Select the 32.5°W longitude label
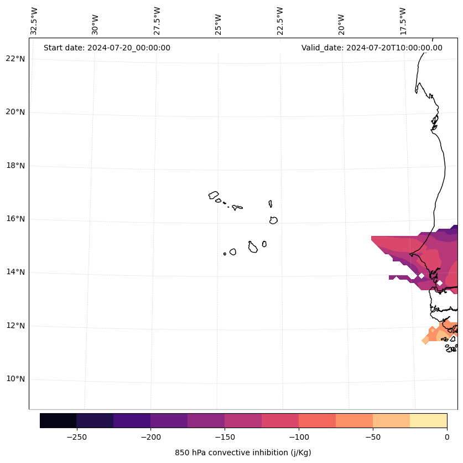click(34, 21)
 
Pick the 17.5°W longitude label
click(403, 21)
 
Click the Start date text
click(107, 48)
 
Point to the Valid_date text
click(372, 48)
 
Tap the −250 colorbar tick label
click(76, 438)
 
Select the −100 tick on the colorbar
click(299, 438)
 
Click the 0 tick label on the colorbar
click(447, 438)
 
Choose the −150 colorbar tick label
click(225, 438)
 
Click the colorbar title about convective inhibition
click(243, 452)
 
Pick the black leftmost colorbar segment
click(58, 420)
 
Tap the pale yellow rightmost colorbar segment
click(428, 420)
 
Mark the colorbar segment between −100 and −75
click(317, 420)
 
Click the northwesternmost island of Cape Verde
click(214, 195)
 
